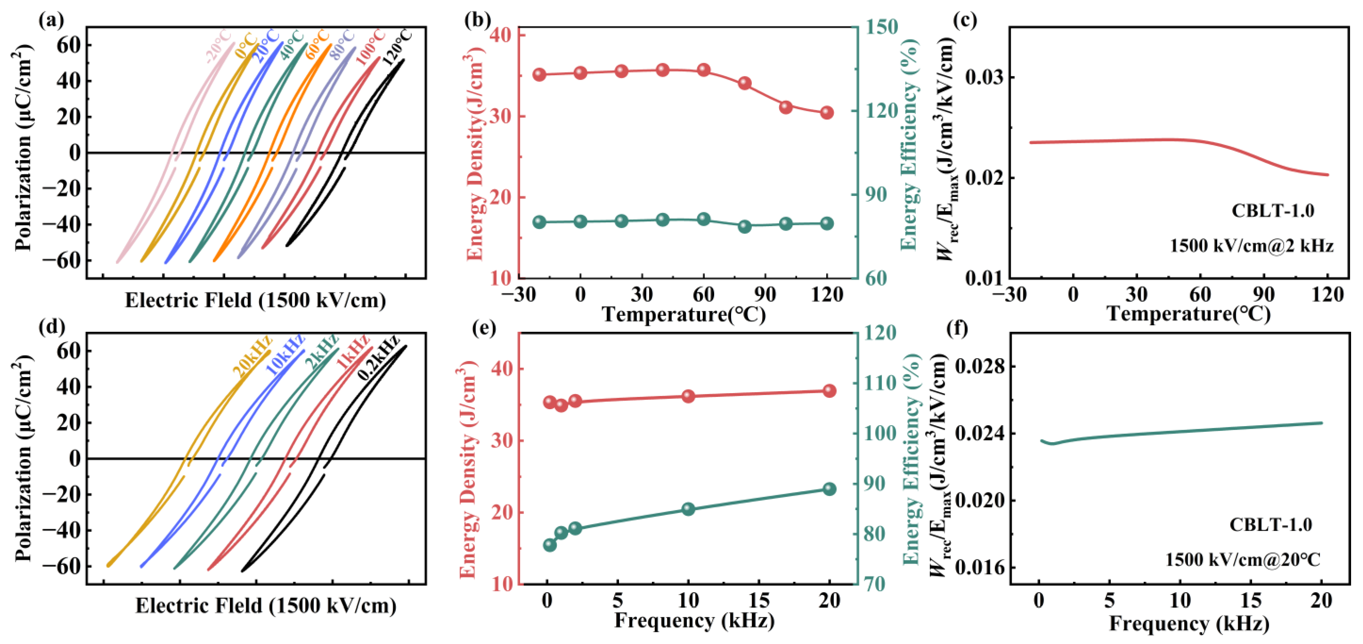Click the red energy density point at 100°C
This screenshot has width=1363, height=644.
point(786,107)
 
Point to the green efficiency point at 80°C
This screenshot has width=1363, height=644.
point(745,226)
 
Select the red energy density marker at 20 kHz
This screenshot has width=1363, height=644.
point(829,391)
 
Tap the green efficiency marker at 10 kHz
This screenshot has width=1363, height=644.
point(688,509)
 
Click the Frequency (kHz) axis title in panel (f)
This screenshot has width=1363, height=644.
point(1189,623)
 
